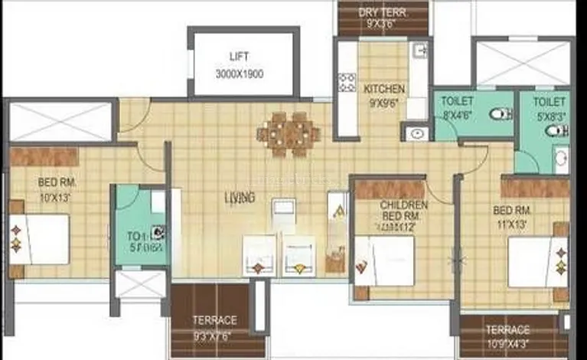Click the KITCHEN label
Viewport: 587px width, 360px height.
click(384, 89)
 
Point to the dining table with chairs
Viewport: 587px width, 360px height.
click(289, 135)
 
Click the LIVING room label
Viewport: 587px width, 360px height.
click(239, 198)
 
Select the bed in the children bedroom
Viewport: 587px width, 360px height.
click(385, 260)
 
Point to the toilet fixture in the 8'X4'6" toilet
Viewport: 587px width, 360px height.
click(501, 114)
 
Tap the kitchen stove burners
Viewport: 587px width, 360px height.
click(347, 82)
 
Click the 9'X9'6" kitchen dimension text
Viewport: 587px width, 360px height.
click(384, 103)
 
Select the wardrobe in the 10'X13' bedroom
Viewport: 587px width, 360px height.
click(44, 156)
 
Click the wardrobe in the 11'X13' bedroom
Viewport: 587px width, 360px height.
click(535, 187)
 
